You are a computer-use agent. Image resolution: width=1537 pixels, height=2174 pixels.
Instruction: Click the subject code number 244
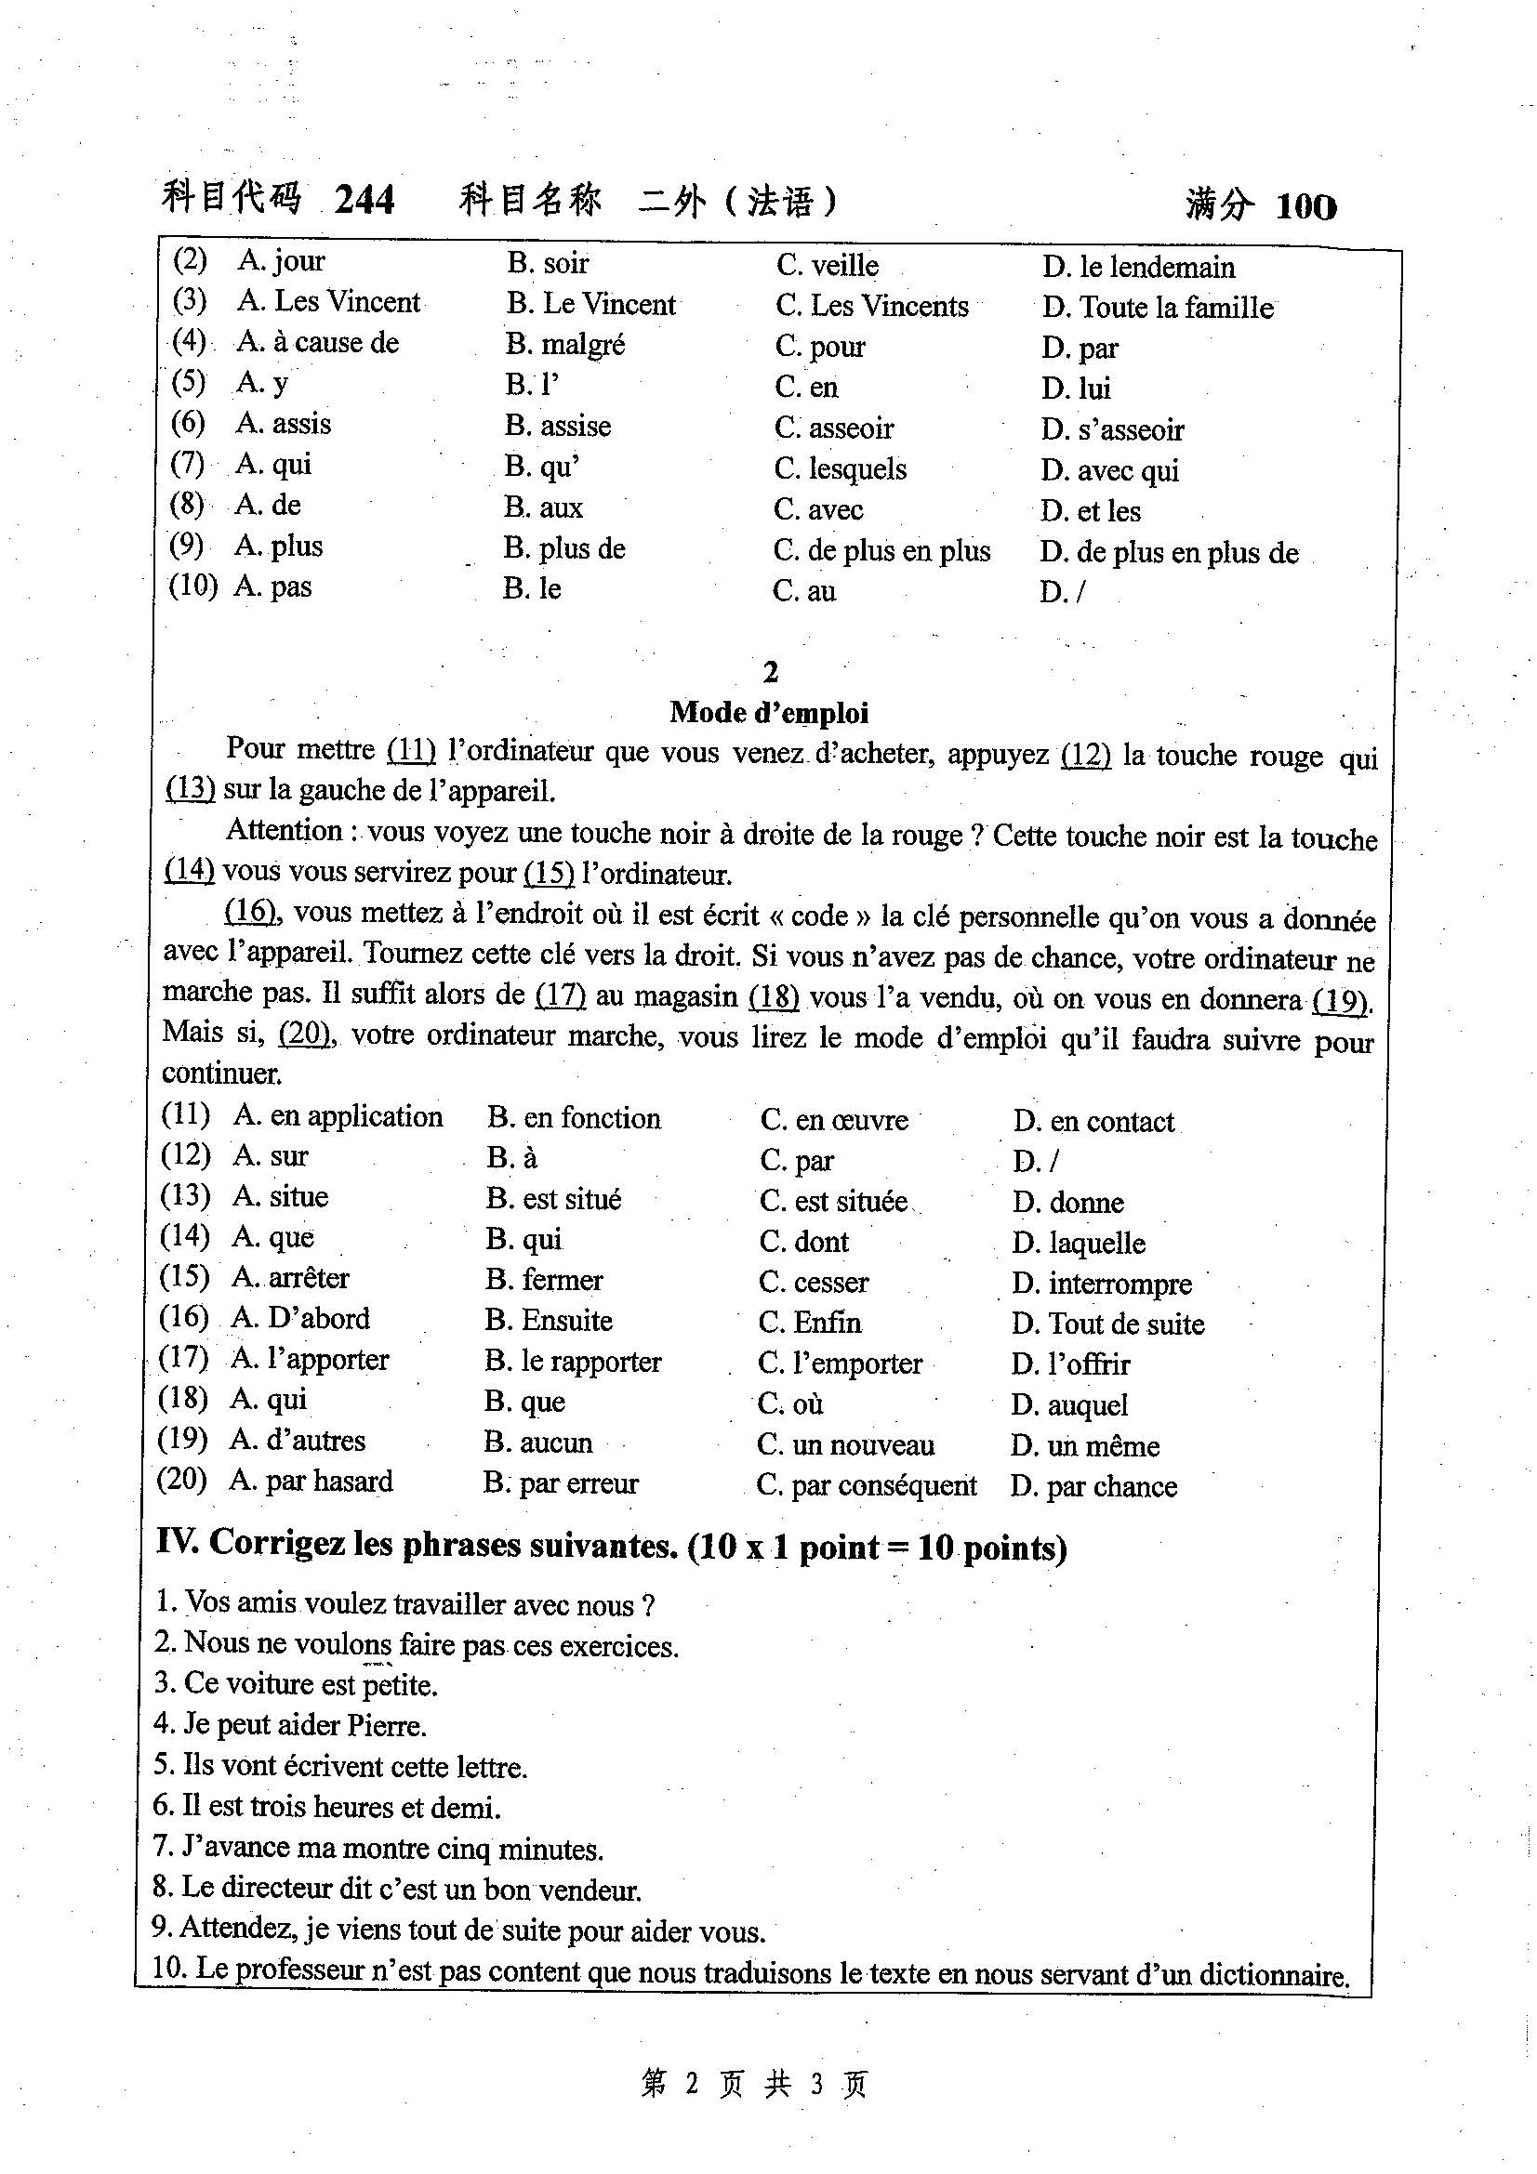click(364, 199)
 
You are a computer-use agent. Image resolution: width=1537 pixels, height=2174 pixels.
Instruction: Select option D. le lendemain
click(1139, 268)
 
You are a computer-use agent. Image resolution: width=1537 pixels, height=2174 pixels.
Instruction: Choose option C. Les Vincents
click(872, 306)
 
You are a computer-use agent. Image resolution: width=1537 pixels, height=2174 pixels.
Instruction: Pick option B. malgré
click(565, 345)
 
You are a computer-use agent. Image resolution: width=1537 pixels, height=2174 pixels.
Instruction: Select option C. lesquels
click(840, 468)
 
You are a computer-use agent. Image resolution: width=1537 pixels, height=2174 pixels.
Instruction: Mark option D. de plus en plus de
click(1170, 553)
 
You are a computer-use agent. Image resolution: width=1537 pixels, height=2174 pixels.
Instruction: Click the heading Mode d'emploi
click(769, 712)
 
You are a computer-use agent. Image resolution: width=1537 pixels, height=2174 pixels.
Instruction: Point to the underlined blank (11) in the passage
click(411, 750)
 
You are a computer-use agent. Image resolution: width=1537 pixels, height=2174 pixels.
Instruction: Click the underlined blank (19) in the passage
click(1340, 1000)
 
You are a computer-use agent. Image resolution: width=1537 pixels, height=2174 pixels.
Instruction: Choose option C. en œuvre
click(834, 1120)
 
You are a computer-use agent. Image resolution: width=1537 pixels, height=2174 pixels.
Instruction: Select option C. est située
click(833, 1202)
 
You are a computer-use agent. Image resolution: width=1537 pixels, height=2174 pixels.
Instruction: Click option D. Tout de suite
click(1109, 1324)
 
